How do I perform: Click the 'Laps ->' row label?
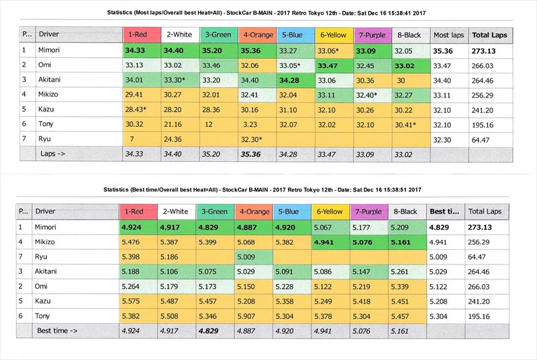pyautogui.click(x=56, y=154)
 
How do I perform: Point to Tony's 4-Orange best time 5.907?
pyautogui.click(x=254, y=316)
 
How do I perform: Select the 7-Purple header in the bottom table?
pyautogui.click(x=371, y=211)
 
